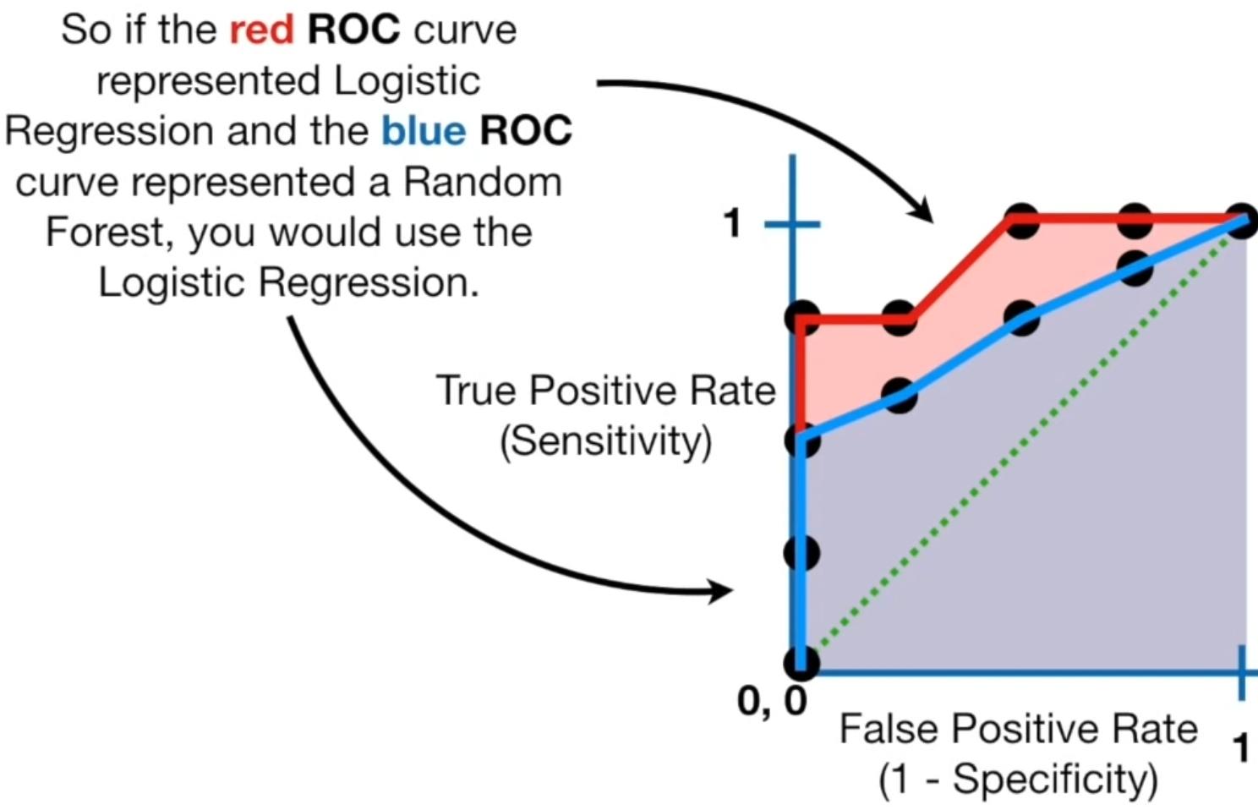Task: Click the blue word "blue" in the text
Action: click(424, 131)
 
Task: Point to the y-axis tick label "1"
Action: click(732, 223)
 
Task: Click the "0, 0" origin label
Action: click(772, 702)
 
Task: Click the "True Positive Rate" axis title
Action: click(606, 390)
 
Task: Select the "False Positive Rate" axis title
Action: click(1018, 729)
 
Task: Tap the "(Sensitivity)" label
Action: click(606, 442)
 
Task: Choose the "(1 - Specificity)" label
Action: click(1018, 780)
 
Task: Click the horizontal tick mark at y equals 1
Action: click(792, 225)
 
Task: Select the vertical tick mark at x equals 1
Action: click(1242, 673)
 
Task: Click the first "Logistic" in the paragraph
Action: click(407, 81)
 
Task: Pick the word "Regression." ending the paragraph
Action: click(369, 283)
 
